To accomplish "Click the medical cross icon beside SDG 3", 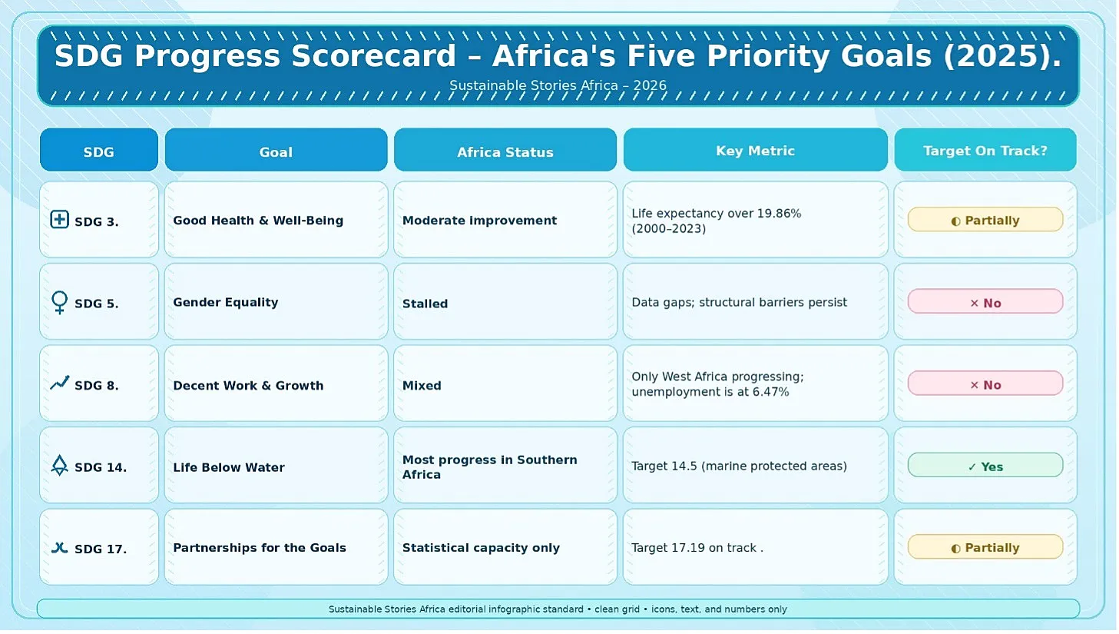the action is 59,220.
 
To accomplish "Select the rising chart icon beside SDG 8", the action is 59,383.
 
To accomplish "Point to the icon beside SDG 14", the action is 59,465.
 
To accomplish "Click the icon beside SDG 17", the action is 59,548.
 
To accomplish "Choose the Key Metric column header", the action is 755,150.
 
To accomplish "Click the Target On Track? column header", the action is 985,150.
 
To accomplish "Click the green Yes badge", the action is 985,465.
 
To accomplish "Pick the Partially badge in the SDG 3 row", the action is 985,220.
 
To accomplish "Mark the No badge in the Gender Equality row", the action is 985,301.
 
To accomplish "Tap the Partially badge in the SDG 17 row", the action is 985,547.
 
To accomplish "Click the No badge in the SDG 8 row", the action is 985,383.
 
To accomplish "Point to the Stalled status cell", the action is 505,301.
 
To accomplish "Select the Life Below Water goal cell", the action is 276,465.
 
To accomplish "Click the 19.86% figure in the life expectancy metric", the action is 779,214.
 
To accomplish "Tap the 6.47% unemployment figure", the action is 771,392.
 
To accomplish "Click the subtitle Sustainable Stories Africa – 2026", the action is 558,85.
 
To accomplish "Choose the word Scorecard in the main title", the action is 374,55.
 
